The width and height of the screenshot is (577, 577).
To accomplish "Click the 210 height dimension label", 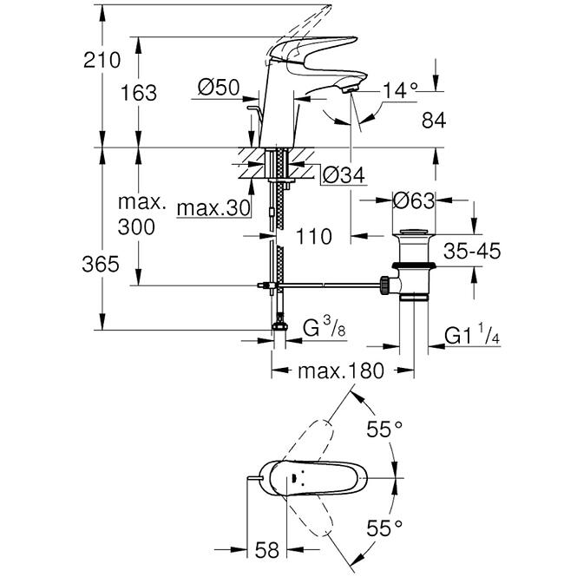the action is coord(102,60).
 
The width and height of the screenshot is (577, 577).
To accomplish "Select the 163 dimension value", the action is coord(139,92).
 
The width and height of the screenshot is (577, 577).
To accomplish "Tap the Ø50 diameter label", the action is coord(219,88).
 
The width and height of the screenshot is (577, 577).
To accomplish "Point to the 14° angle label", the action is coord(400,90).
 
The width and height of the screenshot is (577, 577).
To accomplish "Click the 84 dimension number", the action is coord(434,121).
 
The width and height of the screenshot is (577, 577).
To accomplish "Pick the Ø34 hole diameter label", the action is coord(344,174).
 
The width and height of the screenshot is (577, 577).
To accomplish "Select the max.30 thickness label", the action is coord(213,208).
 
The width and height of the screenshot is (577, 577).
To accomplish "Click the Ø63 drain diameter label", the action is coord(414,200).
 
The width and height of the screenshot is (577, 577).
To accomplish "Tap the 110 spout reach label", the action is coord(313,237).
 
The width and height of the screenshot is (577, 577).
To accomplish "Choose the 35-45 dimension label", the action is coord(472,251).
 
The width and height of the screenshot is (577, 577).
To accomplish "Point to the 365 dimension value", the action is coord(101,265).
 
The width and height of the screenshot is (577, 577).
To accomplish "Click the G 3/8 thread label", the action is coord(325,327).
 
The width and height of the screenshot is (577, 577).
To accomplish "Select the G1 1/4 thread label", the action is coord(472,335).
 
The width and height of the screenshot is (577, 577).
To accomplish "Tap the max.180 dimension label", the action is coord(341,371).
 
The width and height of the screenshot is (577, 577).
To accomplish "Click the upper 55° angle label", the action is coord(384,429).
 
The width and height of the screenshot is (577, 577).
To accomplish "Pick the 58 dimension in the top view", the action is coord(267,550).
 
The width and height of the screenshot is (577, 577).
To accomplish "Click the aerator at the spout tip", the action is coord(350,89).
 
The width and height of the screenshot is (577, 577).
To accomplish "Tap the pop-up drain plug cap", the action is coord(414,233).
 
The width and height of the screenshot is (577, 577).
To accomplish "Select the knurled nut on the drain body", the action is coord(385,285).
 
